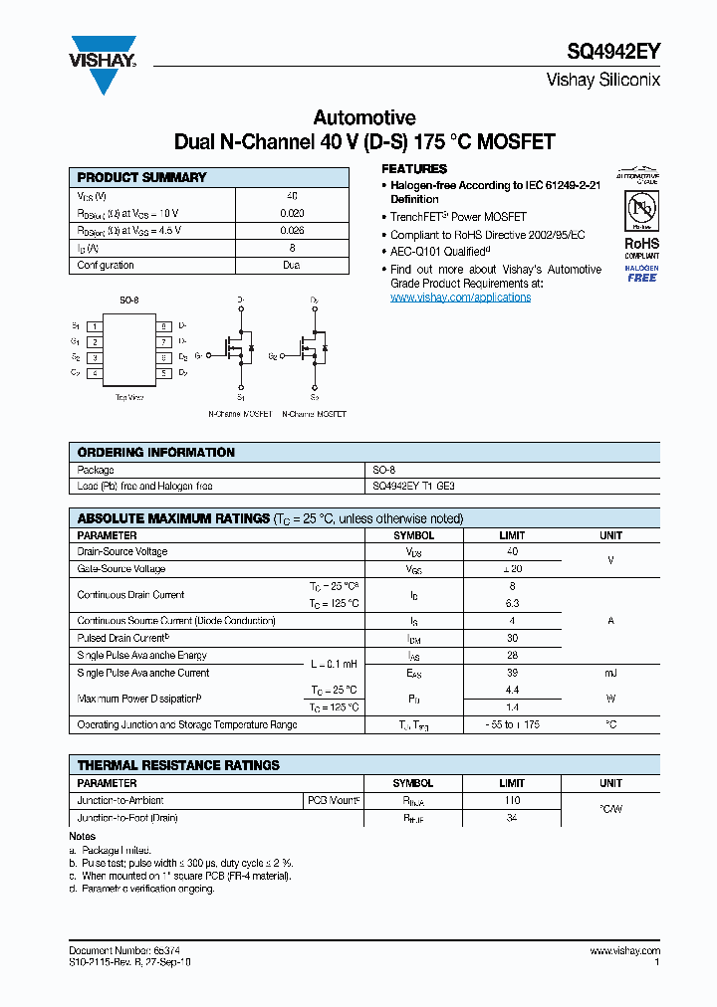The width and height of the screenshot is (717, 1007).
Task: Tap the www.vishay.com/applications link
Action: pyautogui.click(x=460, y=298)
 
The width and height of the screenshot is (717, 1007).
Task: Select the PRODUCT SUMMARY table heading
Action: pyautogui.click(x=142, y=177)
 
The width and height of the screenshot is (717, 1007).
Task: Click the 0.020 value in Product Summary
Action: pyautogui.click(x=292, y=214)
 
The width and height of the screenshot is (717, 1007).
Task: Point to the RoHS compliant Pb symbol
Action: pyautogui.click(x=640, y=210)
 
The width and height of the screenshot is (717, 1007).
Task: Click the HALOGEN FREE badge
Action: pyautogui.click(x=641, y=274)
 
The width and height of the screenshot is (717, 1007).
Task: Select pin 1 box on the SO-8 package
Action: pyautogui.click(x=94, y=326)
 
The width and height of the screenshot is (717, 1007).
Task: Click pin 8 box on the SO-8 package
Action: pyautogui.click(x=163, y=326)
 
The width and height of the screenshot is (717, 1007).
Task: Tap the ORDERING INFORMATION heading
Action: pyautogui.click(x=156, y=453)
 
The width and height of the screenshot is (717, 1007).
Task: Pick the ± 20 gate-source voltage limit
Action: pyautogui.click(x=512, y=569)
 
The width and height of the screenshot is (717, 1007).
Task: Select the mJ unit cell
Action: pyautogui.click(x=610, y=673)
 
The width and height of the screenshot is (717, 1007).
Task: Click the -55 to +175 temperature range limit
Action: pyautogui.click(x=512, y=725)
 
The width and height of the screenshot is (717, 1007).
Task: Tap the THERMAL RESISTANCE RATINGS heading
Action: pyautogui.click(x=178, y=765)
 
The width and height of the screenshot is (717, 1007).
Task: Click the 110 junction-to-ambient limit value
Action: pyautogui.click(x=512, y=800)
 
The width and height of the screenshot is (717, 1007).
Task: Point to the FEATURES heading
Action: pyautogui.click(x=414, y=169)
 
